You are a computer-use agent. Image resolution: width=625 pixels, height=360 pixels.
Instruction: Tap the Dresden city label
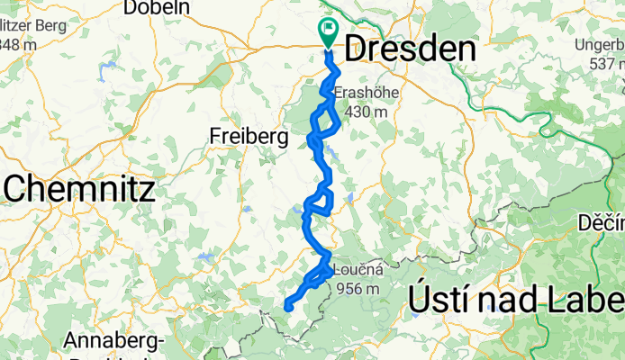tap(410, 49)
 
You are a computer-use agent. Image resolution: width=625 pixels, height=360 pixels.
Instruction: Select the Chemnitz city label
tap(79, 189)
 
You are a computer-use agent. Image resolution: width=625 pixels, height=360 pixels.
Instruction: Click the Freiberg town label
tap(248, 137)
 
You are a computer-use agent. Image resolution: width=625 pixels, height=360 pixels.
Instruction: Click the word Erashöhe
tap(361, 94)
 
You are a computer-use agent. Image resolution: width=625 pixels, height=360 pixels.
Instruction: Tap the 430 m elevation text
tap(361, 111)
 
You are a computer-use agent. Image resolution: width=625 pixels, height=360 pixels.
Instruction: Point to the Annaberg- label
tap(113, 341)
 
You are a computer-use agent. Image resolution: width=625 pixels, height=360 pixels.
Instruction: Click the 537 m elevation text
tap(608, 64)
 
